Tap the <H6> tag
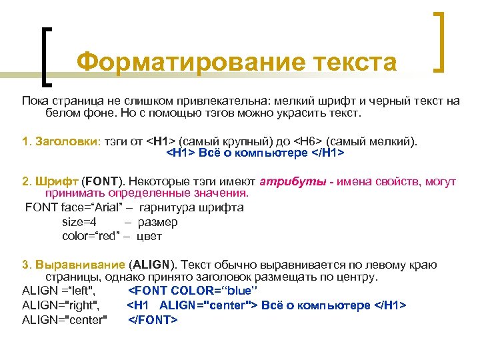[x=309, y=141]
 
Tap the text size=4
[x=79, y=222]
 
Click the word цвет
[x=149, y=236]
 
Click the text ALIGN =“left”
[x=59, y=291]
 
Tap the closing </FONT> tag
[x=153, y=320]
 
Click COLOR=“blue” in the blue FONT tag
[x=215, y=291]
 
